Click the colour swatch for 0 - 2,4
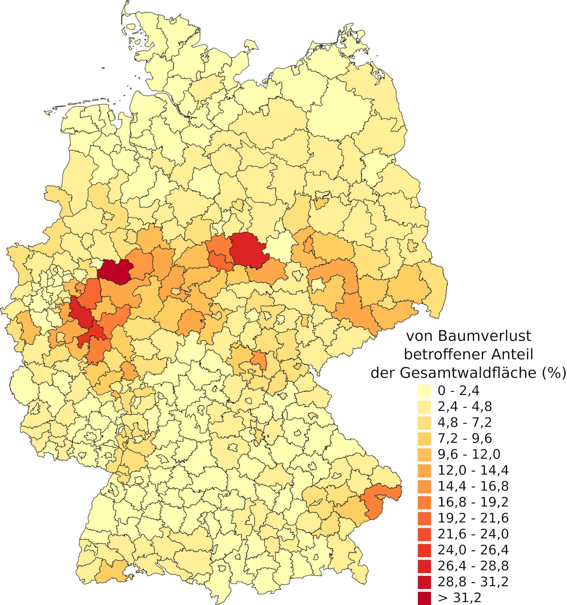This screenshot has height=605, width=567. tap(424, 391)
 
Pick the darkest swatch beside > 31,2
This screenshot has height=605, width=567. tap(424, 597)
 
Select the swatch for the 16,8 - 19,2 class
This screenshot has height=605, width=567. tap(424, 502)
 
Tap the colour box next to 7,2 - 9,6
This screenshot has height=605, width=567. tap(424, 438)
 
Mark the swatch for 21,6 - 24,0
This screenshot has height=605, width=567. tap(424, 534)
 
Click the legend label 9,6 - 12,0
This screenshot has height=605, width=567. tap(469, 454)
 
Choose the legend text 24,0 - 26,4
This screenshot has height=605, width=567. tap(473, 550)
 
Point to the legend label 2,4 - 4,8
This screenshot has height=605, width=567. tap(465, 406)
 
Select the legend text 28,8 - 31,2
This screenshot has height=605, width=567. tap(473, 582)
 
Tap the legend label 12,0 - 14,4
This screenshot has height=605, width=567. tap(473, 470)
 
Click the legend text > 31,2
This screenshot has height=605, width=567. tap(460, 598)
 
